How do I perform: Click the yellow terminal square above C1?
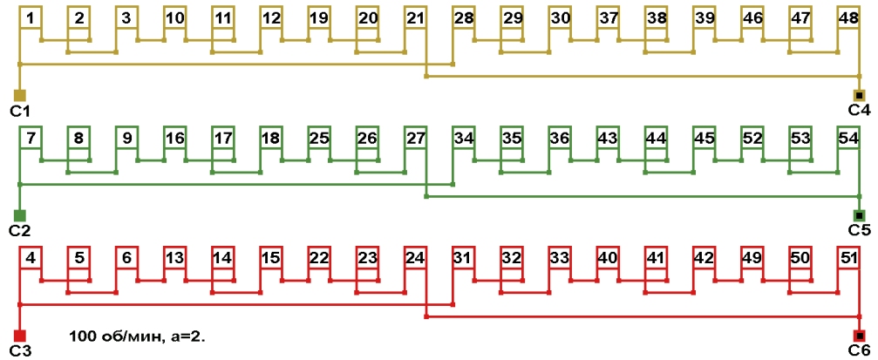(20, 95)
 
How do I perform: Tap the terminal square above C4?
(859, 95)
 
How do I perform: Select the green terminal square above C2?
(20, 215)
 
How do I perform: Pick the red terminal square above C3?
(20, 336)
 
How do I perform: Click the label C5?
(859, 230)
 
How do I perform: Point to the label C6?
(859, 350)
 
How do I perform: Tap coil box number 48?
(847, 17)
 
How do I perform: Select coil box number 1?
(31, 17)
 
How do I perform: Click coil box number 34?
(464, 138)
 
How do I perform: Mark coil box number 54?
(847, 138)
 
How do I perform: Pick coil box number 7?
(31, 138)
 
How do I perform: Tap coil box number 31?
(464, 258)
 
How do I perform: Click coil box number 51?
(847, 258)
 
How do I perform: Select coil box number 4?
(31, 258)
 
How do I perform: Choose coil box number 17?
(223, 138)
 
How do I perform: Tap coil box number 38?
(656, 17)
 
